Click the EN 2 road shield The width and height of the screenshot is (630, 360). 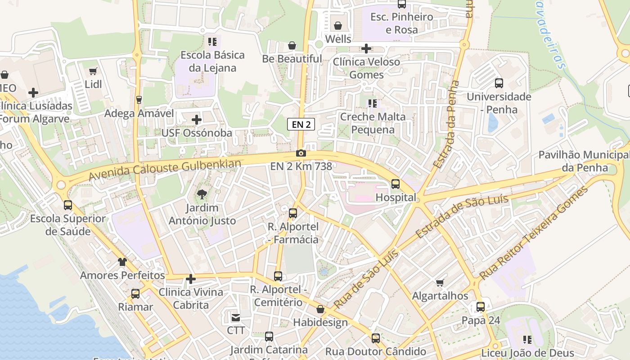tap(301, 125)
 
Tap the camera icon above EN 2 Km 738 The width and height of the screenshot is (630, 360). tap(301, 153)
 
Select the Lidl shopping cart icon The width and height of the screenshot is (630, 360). tap(93, 71)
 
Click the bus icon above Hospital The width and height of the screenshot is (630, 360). tap(396, 184)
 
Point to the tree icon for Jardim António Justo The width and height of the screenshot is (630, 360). tap(202, 194)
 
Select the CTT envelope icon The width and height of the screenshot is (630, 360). tap(235, 318)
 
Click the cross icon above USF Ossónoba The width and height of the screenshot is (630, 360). tap(197, 120)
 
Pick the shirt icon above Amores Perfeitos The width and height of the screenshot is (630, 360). tap(122, 262)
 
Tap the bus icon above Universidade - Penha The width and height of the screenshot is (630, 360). tap(499, 83)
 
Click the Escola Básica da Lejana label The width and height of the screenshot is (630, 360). tap(212, 62)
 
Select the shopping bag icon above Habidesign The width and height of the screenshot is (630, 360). tap(320, 310)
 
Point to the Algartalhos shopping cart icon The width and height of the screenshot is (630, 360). tap(440, 283)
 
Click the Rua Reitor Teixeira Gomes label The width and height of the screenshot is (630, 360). tap(534, 233)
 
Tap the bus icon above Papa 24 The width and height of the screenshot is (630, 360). tap(481, 307)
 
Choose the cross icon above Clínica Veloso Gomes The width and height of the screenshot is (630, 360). tap(366, 49)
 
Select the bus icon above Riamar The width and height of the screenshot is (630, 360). tap(135, 294)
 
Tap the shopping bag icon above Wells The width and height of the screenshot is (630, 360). tap(338, 26)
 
